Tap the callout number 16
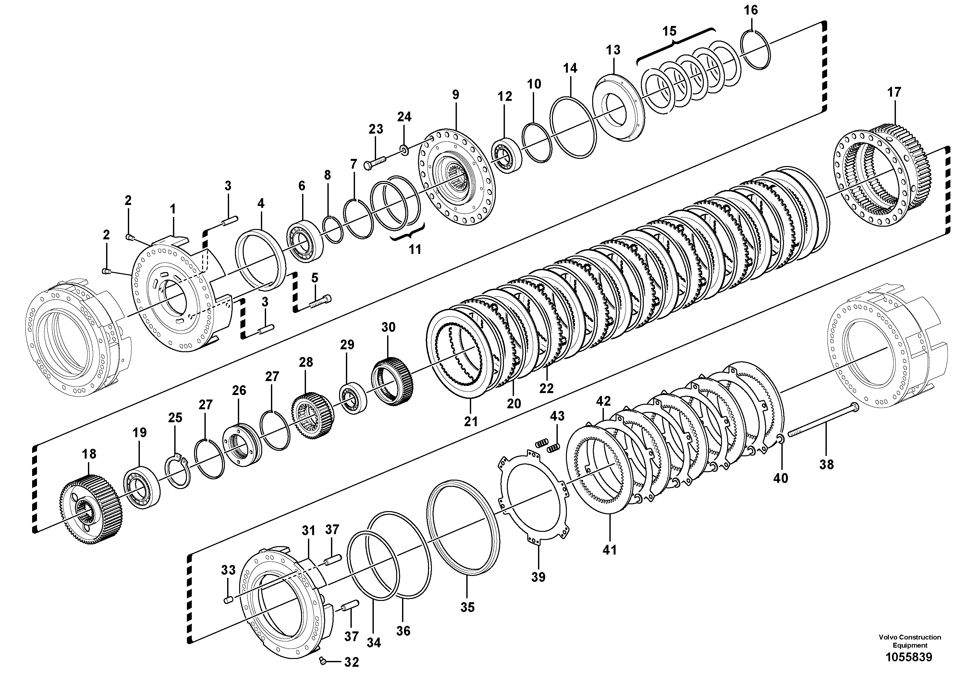pyautogui.click(x=751, y=10)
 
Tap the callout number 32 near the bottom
pyautogui.click(x=351, y=662)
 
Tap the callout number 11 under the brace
pyautogui.click(x=415, y=250)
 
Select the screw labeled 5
pyautogui.click(x=321, y=301)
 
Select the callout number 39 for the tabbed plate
pyautogui.click(x=538, y=577)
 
